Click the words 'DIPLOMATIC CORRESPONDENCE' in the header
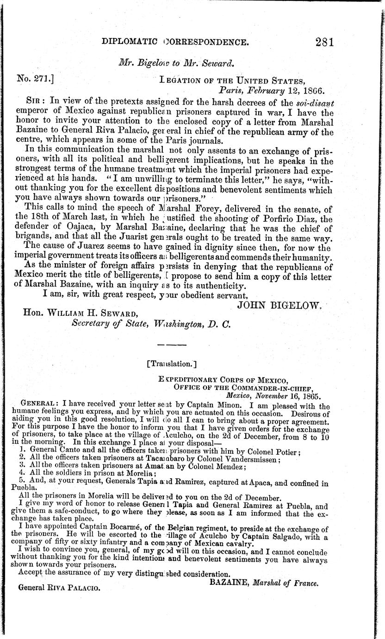175,43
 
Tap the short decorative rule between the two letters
172,345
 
